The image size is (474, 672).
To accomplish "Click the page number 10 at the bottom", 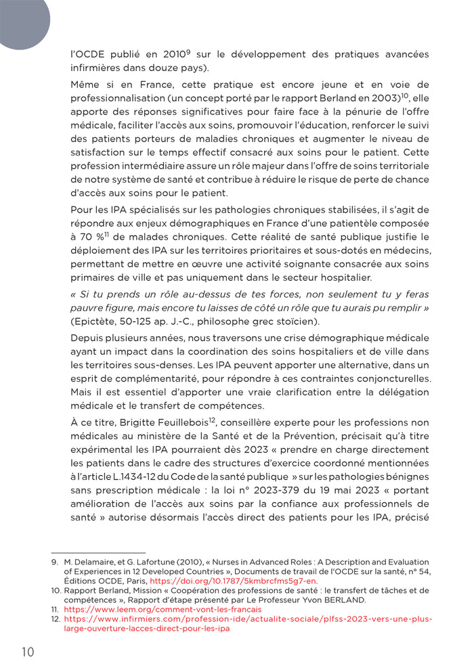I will tap(26, 652).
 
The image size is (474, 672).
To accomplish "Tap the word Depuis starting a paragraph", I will tap(88, 338).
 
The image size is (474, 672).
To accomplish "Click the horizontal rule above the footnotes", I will tap(99, 553).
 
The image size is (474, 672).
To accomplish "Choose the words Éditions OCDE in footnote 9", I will tap(91, 581).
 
